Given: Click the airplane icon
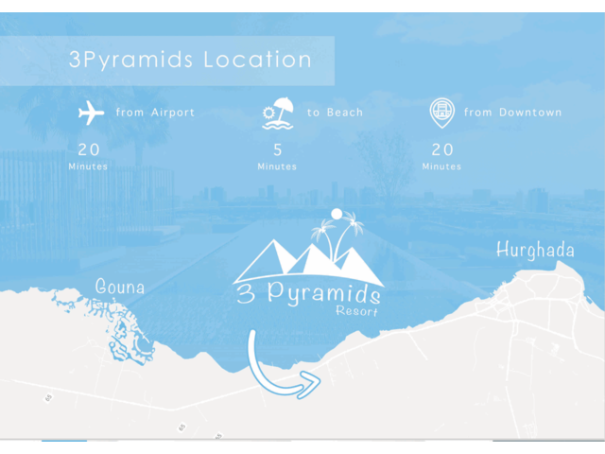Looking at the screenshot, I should tap(92, 113).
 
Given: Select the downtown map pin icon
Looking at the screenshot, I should tap(441, 113).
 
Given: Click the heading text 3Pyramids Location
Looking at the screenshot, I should tap(190, 61).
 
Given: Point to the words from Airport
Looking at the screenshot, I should tap(155, 113).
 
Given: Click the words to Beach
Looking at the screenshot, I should tap(335, 113).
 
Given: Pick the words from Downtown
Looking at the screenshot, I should tap(512, 113).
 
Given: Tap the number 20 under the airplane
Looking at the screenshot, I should tap(89, 149).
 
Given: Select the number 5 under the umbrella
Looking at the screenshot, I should tap(278, 149).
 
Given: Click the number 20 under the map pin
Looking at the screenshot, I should tap(442, 149).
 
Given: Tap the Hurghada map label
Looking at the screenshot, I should tap(535, 252).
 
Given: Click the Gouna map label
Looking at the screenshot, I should tap(120, 287).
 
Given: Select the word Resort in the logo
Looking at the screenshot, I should tap(356, 310).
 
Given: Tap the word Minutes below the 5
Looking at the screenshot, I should tap(277, 167).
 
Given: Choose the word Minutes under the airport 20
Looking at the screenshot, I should tap(88, 167).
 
